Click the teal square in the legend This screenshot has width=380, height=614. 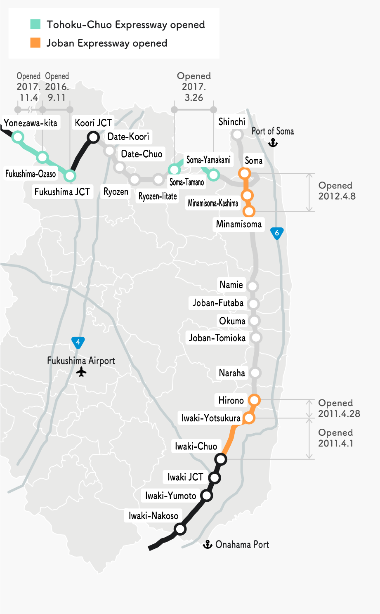[x=35, y=24]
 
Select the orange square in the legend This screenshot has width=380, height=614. [x=35, y=43]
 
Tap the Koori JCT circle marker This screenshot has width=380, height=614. [x=94, y=137]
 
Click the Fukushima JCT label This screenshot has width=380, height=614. [x=62, y=192]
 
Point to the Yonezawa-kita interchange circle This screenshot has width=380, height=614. [x=18, y=137]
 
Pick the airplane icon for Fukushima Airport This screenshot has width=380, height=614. [x=82, y=372]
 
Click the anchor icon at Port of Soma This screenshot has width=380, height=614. [x=273, y=143]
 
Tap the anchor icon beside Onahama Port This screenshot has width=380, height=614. [x=208, y=545]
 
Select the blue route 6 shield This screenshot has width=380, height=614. [x=277, y=233]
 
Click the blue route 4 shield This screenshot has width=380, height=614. [x=78, y=342]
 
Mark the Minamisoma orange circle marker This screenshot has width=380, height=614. [x=249, y=211]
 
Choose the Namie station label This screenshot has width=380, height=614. [x=231, y=285]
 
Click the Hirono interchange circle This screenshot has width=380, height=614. [x=254, y=400]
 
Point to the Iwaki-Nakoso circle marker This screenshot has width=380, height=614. [x=180, y=529]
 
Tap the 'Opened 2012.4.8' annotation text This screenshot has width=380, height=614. [x=337, y=191]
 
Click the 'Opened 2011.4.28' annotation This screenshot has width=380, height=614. [x=339, y=408]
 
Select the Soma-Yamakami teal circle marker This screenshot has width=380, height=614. [x=213, y=175]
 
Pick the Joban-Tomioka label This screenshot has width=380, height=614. [x=217, y=338]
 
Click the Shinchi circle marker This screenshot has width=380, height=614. [x=237, y=135]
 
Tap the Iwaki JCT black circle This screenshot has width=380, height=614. [x=215, y=478]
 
